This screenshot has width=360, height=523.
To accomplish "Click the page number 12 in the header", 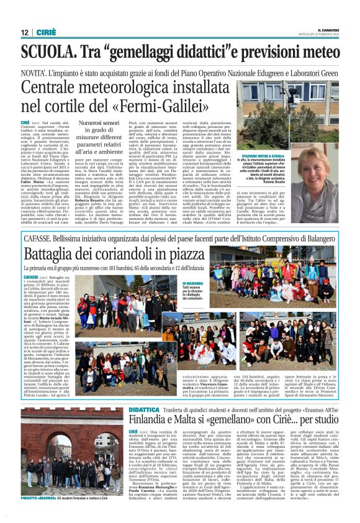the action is tap(25, 32).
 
